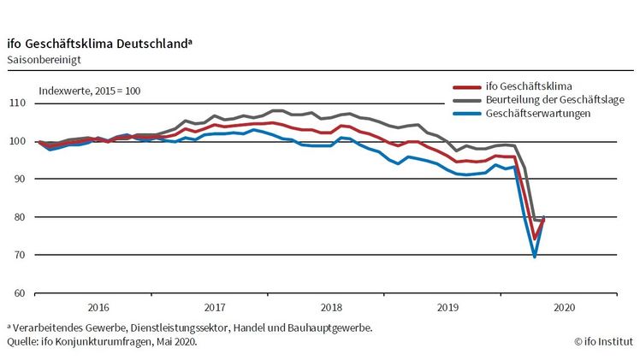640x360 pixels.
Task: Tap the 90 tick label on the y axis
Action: [18, 180]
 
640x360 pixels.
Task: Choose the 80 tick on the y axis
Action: [18, 217]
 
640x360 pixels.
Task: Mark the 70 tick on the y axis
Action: [18, 255]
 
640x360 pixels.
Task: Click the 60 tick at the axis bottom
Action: [18, 292]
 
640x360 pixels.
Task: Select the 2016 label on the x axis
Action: [98, 307]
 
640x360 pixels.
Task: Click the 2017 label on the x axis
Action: [214, 307]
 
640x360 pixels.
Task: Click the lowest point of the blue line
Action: [535, 256]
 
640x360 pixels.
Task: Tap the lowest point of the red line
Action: [535, 239]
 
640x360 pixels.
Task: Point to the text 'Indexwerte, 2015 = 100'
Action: [90, 91]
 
